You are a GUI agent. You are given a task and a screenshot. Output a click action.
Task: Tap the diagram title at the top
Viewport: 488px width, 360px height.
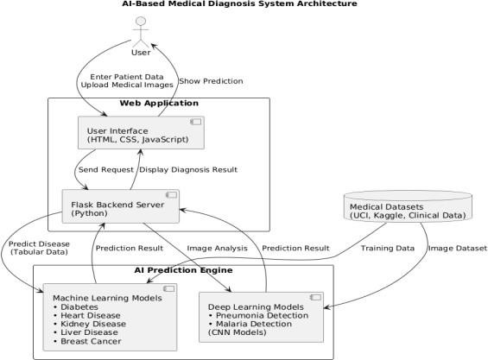239,3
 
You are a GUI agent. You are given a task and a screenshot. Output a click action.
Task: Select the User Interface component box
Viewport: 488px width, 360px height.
141,133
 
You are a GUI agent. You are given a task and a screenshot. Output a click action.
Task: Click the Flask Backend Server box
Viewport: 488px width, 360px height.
121,206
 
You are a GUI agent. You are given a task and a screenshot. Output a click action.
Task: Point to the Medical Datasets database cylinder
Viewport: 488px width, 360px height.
408,206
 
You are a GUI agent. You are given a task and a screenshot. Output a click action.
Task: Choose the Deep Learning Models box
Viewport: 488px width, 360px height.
261,317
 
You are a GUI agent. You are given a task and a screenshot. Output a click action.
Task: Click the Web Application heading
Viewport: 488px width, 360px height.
159,103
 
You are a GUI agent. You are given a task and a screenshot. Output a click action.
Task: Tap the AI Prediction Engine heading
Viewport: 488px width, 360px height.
183,270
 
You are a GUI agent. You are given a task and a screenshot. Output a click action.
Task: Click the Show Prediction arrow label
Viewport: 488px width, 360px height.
211,81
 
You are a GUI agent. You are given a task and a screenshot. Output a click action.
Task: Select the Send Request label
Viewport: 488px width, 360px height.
106,170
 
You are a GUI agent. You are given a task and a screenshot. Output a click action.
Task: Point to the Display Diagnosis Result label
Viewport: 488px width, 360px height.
188,170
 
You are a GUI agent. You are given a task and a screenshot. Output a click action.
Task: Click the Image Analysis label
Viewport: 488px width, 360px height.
218,249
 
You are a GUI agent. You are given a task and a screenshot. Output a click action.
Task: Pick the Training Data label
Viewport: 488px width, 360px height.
388,249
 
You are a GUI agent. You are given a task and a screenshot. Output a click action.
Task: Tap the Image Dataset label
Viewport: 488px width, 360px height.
458,249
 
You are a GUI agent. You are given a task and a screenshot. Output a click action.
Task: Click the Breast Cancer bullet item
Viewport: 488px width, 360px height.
87,341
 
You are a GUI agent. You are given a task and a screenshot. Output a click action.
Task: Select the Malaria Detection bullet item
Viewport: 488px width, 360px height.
250,324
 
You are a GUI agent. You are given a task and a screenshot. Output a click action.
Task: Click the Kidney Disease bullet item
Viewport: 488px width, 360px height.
90,324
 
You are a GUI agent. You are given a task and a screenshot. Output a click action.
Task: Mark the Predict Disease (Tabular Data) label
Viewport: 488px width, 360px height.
39,248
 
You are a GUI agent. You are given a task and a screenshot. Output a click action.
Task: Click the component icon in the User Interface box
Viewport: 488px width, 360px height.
196,122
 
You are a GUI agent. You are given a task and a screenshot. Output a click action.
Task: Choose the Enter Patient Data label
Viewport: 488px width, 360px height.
127,77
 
